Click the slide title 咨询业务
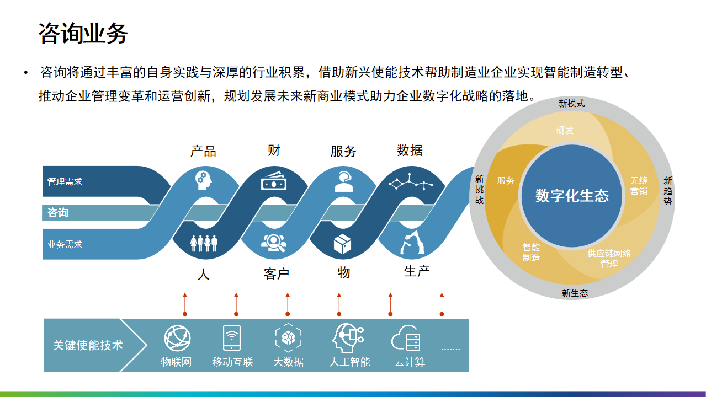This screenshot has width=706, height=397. (x=83, y=33)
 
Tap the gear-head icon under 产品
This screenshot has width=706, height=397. (x=203, y=181)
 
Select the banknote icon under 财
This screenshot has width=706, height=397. (x=274, y=181)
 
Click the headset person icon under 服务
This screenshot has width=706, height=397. (x=343, y=181)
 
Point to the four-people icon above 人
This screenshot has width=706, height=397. (x=204, y=243)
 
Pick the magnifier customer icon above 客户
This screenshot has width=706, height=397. (x=274, y=243)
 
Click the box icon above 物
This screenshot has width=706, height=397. (x=342, y=244)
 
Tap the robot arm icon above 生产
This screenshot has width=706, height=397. (x=412, y=242)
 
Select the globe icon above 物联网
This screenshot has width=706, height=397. (x=177, y=339)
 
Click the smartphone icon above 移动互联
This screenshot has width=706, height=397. (x=232, y=338)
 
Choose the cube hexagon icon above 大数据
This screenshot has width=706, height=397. (x=288, y=338)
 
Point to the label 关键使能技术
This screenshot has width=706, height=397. (x=88, y=345)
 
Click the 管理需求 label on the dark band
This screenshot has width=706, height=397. (x=65, y=181)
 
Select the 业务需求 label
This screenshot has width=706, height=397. (x=65, y=245)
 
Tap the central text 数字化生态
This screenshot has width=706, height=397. (x=572, y=196)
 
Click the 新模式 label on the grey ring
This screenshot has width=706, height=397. (x=572, y=103)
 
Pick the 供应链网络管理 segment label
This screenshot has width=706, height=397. (x=609, y=259)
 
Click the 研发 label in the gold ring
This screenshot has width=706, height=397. (x=565, y=130)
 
